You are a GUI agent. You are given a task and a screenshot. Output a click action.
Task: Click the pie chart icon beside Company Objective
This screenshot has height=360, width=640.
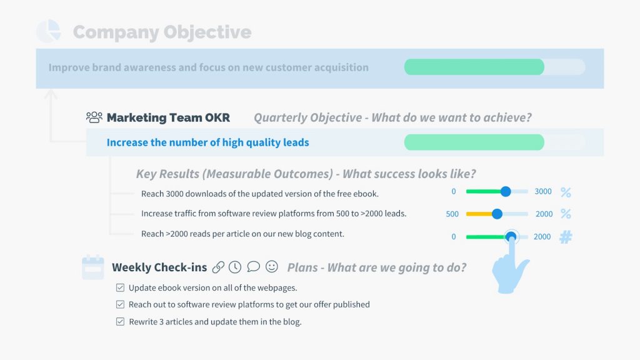coord(49,31)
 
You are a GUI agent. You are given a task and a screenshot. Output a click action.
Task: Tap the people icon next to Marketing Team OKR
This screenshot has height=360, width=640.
coord(94,117)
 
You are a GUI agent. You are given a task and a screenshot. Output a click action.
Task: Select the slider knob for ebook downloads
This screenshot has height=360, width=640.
coord(505,191)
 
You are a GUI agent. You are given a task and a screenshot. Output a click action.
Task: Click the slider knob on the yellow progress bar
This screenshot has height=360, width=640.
coord(497,214)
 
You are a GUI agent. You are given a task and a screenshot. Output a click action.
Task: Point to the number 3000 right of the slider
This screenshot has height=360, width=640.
coord(543,191)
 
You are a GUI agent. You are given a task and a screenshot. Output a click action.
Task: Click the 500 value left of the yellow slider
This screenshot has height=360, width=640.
coord(452,214)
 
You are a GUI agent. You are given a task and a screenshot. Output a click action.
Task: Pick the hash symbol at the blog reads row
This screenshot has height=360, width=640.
coord(566,237)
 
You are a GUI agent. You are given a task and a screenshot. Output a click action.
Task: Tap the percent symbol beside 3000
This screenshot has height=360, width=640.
coord(566,192)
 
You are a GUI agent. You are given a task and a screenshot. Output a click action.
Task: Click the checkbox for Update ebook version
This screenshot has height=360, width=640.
coord(120,287)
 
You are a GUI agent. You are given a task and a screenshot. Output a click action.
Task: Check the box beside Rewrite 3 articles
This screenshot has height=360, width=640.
coord(120,322)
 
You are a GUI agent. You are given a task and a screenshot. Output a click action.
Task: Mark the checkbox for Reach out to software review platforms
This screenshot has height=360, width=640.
coord(120,304)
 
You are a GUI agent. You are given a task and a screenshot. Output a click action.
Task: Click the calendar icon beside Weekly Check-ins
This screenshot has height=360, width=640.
coord(93,267)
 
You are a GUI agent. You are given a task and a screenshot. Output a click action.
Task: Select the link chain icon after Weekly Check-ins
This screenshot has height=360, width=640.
coord(218,267)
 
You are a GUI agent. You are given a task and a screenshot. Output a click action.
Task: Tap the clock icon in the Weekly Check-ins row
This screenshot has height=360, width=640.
coord(235,267)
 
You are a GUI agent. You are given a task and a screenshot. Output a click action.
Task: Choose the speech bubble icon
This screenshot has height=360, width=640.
coord(254,267)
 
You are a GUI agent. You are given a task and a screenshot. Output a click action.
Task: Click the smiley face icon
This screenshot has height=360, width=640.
coord(271,266)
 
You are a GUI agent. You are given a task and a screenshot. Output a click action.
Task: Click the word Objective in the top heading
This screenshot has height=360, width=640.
coord(207,32)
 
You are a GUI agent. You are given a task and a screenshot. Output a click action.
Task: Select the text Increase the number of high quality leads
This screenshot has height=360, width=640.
coord(207,142)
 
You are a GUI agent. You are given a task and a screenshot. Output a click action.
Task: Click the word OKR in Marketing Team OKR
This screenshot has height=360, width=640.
coord(217,117)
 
